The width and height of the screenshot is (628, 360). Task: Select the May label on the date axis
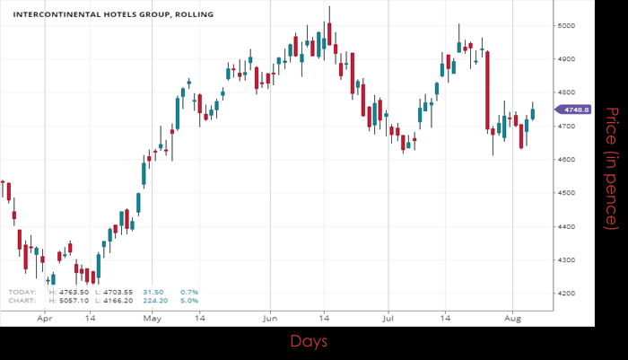(x=153, y=318)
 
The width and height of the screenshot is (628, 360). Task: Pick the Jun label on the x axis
(x=270, y=318)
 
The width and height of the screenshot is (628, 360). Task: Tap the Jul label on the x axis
(x=388, y=318)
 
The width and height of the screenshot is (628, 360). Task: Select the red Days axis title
(x=308, y=342)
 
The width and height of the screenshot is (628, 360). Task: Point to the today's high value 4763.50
(x=74, y=292)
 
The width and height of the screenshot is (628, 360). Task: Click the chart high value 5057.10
(x=74, y=300)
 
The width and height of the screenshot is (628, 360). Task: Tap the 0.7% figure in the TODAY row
(x=189, y=292)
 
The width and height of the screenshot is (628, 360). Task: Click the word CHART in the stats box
(x=22, y=300)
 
